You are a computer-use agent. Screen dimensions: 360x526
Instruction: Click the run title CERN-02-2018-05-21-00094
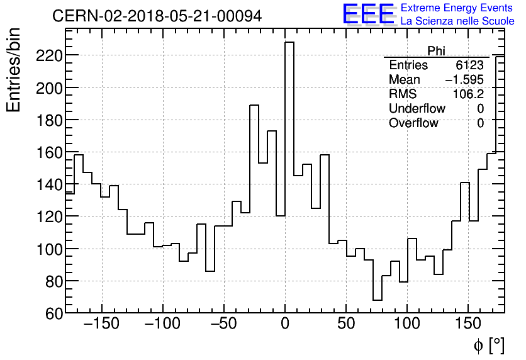(x=157, y=16)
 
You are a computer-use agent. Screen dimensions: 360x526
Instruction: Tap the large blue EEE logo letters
(x=368, y=14)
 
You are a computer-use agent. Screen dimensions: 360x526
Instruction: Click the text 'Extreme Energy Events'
(x=457, y=8)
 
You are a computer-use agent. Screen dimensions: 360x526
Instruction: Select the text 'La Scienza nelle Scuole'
(x=457, y=21)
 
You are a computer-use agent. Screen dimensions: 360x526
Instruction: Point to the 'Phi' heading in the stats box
(x=437, y=51)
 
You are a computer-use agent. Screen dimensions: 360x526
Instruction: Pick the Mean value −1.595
(x=464, y=80)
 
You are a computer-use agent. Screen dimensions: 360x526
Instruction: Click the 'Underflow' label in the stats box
(x=417, y=109)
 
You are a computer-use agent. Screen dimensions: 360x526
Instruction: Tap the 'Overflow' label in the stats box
(x=413, y=123)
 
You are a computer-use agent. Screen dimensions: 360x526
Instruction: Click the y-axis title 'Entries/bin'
(x=14, y=70)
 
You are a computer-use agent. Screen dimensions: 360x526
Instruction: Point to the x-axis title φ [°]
(x=488, y=345)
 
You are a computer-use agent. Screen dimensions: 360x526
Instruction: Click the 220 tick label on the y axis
(x=48, y=55)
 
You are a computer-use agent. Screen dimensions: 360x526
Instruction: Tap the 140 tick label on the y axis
(x=48, y=184)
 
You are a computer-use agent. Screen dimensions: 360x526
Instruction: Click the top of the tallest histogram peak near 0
(x=289, y=43)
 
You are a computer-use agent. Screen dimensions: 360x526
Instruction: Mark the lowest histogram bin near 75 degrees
(x=378, y=300)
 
